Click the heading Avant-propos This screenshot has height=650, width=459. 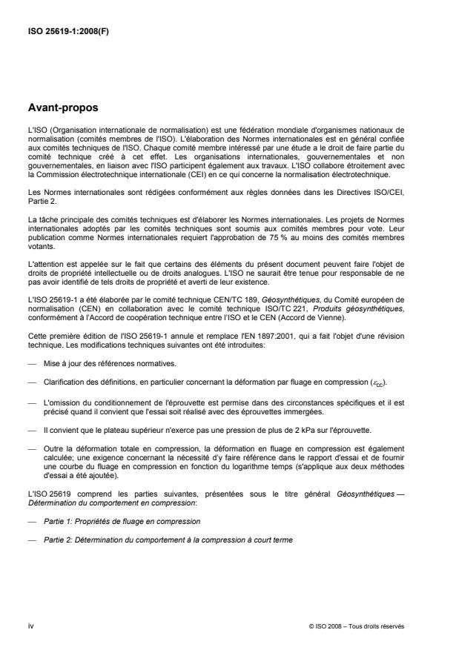(62, 108)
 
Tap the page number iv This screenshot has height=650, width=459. (30, 626)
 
